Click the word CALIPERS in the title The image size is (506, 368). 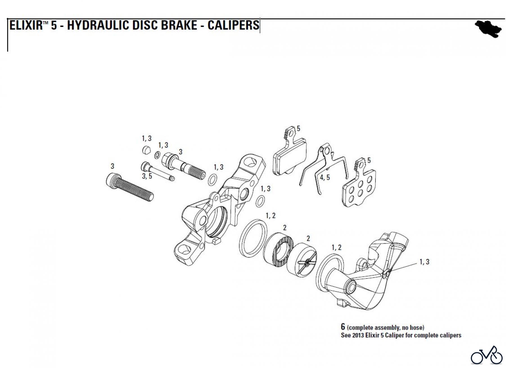pyautogui.click(x=233, y=25)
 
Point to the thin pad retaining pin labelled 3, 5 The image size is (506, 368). pyautogui.click(x=157, y=172)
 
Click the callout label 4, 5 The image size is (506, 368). pyautogui.click(x=325, y=178)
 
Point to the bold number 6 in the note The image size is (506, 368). pyautogui.click(x=343, y=327)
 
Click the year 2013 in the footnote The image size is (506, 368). pyautogui.click(x=356, y=335)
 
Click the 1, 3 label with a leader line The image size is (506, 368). pyautogui.click(x=424, y=262)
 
